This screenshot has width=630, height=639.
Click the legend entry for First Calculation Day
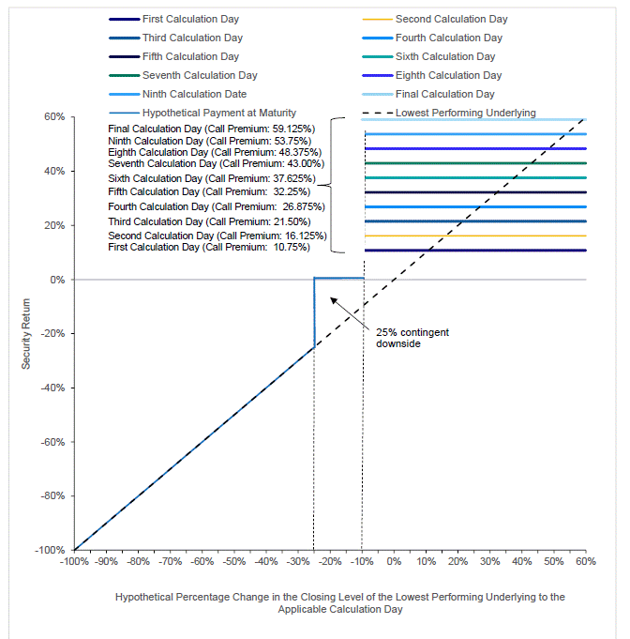[x=173, y=19]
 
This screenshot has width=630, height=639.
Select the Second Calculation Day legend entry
[x=435, y=19]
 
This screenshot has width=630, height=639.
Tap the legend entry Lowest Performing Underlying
[x=449, y=113]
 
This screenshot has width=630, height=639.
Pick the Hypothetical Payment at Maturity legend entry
[x=202, y=113]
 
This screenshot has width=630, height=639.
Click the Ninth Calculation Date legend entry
[x=177, y=94]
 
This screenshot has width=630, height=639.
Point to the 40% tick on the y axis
[x=73, y=171]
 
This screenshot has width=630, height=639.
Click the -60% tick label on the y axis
[x=52, y=442]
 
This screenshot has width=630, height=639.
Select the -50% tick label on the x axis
[x=234, y=561]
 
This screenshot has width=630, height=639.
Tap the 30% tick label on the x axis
[x=490, y=561]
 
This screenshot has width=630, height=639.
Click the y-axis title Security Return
[x=26, y=334]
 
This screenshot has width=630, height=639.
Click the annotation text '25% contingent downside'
[x=412, y=338]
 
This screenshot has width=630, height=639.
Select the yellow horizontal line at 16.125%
[x=475, y=236]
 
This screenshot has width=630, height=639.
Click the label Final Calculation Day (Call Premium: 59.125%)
[x=211, y=129]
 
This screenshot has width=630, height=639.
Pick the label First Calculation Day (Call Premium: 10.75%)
[x=209, y=247]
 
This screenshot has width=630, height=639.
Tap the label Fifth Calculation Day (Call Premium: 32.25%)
[x=209, y=191]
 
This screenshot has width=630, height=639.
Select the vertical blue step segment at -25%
[x=314, y=312]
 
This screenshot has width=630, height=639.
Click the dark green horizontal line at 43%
[x=475, y=163]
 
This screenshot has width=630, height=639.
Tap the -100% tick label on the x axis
[x=74, y=561]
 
